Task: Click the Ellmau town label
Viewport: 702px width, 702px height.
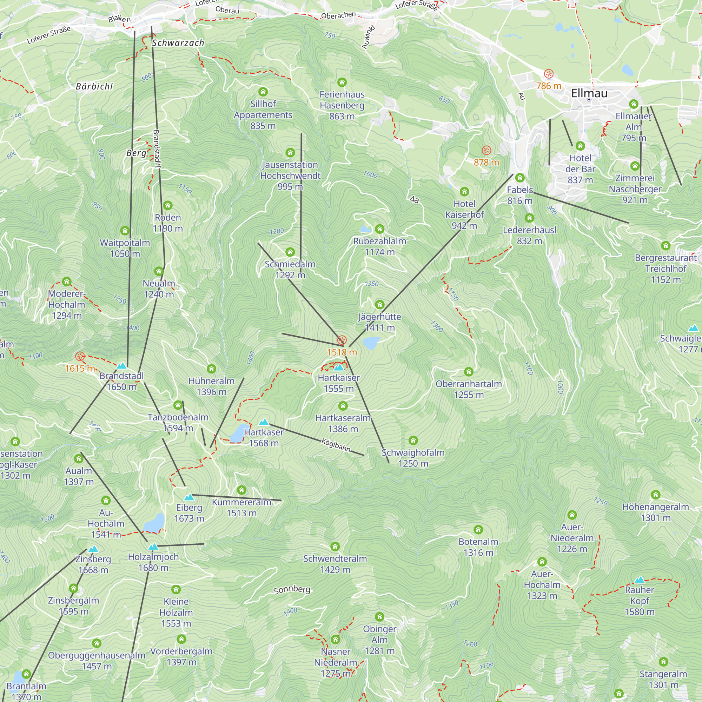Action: coord(589,93)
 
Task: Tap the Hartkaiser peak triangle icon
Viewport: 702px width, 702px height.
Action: coord(339,367)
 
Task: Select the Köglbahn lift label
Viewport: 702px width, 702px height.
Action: coord(336,445)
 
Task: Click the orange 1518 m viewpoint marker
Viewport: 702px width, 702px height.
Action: coord(342,340)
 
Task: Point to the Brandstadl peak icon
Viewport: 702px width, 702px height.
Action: coord(122,365)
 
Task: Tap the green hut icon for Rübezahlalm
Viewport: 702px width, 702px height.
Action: coord(380,229)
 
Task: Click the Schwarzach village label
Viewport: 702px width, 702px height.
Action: coord(178,43)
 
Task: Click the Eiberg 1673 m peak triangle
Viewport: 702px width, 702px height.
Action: coord(189,497)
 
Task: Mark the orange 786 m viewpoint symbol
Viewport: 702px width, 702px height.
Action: coord(549,74)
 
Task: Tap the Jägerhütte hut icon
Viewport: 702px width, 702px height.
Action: coord(380,304)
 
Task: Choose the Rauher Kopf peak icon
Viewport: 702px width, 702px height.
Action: coord(640,580)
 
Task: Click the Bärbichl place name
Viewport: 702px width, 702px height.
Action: coord(94,86)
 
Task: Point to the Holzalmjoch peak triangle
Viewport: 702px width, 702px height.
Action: coord(153,547)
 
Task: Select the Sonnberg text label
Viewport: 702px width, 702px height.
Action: coord(292,589)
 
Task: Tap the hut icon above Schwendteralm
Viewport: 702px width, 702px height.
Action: coord(335,547)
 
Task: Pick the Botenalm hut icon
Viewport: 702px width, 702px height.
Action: coord(478,529)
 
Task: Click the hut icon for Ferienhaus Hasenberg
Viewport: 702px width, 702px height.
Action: coord(342,82)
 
